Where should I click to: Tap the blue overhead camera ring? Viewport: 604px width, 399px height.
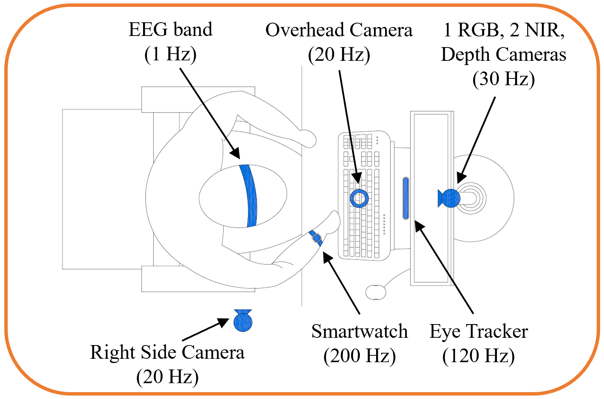click(359, 198)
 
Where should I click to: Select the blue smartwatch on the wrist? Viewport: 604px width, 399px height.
click(316, 238)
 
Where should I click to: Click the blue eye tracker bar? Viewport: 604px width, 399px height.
click(406, 198)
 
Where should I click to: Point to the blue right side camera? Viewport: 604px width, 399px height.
click(243, 321)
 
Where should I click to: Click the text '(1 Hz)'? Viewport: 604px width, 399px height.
click(170, 54)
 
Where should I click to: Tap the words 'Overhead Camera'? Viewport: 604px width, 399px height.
click(339, 30)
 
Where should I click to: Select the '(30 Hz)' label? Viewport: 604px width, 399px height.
click(504, 79)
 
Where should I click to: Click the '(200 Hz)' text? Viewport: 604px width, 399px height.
click(359, 356)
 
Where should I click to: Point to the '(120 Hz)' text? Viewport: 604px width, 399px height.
click(478, 356)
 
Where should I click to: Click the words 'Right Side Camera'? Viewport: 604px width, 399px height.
click(167, 352)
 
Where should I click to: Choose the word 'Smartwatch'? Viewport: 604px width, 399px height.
click(359, 331)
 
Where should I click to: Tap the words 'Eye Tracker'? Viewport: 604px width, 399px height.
click(478, 331)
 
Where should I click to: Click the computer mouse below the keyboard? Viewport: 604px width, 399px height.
click(376, 292)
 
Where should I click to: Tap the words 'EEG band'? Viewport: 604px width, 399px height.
click(170, 30)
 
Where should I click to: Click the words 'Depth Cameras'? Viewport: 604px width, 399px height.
click(504, 54)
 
